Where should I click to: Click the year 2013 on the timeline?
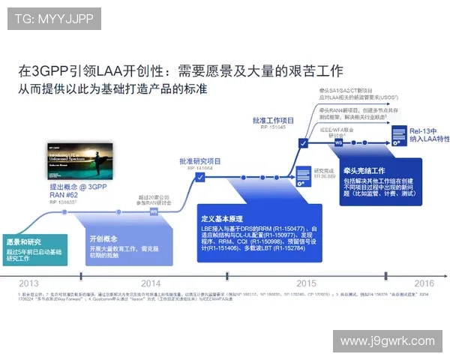tap(28, 283)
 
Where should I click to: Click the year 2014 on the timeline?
tap(151, 283)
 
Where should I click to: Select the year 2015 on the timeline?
tap(305, 283)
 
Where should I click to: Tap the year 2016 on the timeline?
tap(424, 283)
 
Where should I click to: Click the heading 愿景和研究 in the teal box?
tap(24, 241)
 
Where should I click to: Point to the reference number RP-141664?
tap(199, 169)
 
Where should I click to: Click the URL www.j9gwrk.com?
tap(386, 341)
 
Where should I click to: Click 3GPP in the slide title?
tap(50, 71)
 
